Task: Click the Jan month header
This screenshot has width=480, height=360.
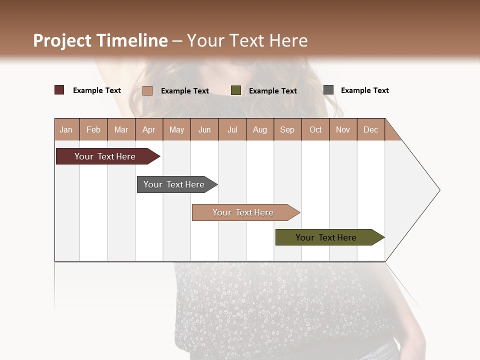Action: click(x=66, y=129)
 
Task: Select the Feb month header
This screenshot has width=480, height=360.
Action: click(x=93, y=129)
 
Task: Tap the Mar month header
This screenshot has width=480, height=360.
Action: click(x=121, y=129)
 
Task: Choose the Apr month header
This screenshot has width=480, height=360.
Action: click(x=149, y=129)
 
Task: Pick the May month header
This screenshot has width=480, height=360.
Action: click(x=176, y=129)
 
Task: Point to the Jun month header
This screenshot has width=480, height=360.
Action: click(x=204, y=129)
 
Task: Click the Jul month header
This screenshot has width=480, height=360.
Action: click(x=232, y=129)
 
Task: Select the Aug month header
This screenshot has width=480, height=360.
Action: click(x=260, y=129)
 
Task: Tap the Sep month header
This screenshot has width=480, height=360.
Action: click(x=287, y=129)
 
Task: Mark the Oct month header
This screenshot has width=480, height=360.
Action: click(x=315, y=129)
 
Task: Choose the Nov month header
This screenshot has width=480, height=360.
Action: click(x=343, y=129)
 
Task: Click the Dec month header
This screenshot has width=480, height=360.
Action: click(x=370, y=129)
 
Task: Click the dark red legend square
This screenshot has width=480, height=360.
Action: click(x=59, y=90)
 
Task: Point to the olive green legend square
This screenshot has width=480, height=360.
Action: click(x=236, y=90)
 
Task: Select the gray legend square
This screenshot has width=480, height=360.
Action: click(x=328, y=90)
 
